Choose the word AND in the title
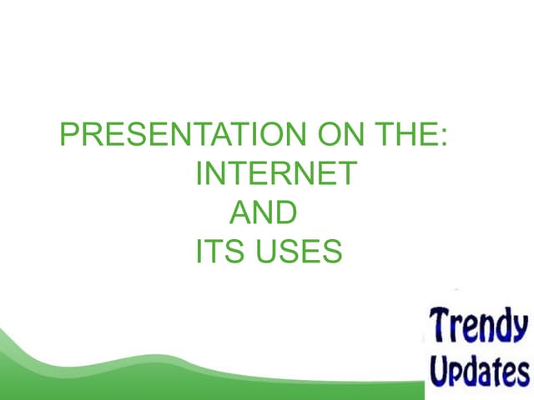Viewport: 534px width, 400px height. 262,213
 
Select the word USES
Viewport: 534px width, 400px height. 300,252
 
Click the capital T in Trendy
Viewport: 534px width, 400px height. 441,323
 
